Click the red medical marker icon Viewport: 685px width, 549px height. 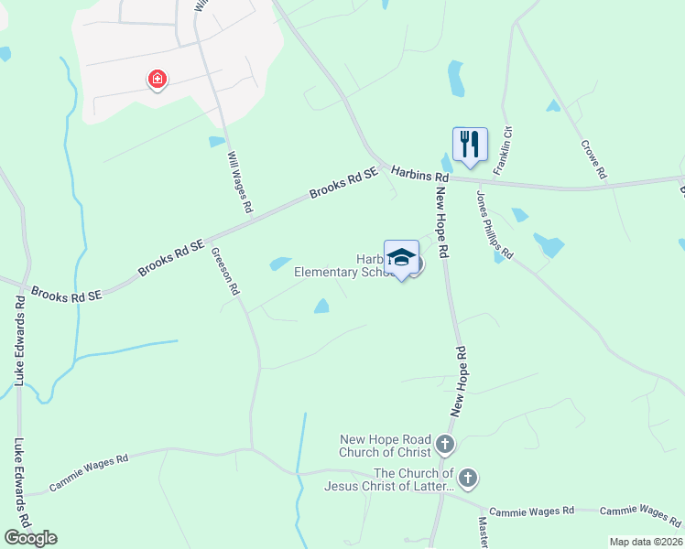[x=158, y=80]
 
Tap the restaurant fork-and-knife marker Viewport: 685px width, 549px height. [x=470, y=144]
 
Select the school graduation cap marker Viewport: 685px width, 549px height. [x=401, y=257]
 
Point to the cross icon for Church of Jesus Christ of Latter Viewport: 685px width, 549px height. [x=468, y=478]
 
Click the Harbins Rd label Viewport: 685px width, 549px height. [x=419, y=173]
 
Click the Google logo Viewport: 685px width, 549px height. [x=30, y=538]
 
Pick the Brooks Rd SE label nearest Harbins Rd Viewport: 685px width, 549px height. [x=343, y=183]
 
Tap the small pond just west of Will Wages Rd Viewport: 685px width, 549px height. [x=216, y=142]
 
